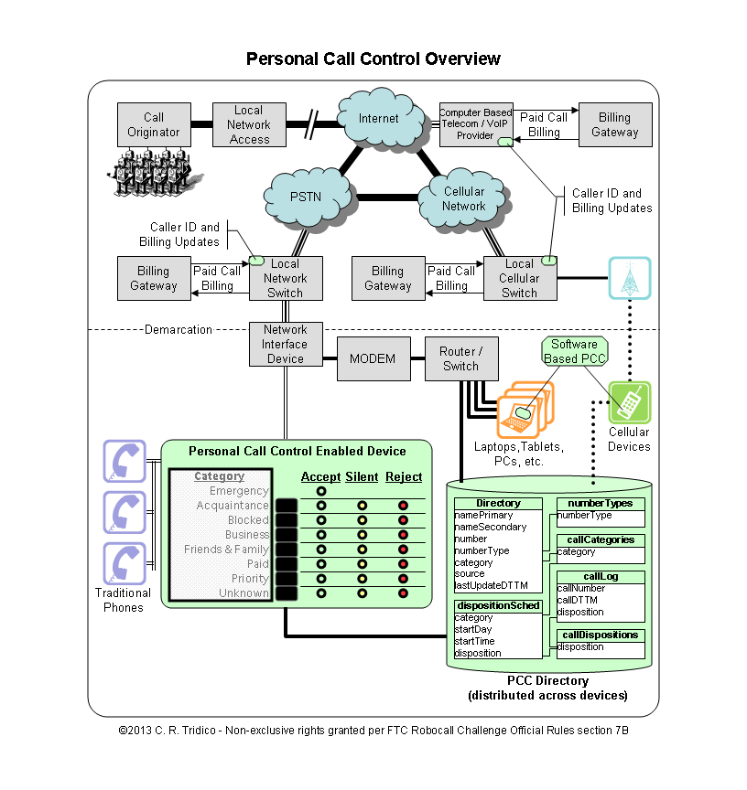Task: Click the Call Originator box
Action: tap(154, 124)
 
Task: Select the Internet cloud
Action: tap(379, 118)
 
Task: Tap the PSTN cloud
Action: tap(306, 197)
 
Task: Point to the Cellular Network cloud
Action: tap(463, 199)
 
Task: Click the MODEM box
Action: tap(373, 358)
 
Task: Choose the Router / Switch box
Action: tap(460, 358)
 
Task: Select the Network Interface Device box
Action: tap(285, 345)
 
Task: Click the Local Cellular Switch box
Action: tap(519, 278)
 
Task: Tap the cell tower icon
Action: tap(629, 278)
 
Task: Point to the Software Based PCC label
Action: tap(574, 352)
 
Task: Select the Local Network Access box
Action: tap(249, 124)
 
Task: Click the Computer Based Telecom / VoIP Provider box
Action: tap(475, 124)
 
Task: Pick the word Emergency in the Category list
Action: tap(239, 491)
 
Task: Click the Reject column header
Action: tap(404, 476)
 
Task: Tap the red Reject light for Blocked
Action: tap(403, 520)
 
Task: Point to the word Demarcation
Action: tap(179, 329)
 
